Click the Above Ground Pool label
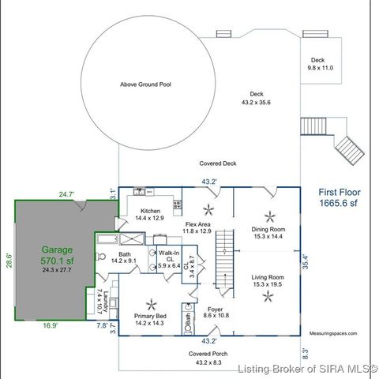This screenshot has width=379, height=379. [145, 84]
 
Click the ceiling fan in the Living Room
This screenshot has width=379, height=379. [269, 295]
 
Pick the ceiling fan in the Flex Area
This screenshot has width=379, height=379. [209, 209]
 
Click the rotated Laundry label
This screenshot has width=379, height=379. [100, 300]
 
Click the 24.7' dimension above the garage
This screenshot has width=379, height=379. [66, 193]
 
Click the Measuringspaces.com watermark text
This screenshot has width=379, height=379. [332, 334]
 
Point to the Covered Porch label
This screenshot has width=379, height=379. [209, 355]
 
